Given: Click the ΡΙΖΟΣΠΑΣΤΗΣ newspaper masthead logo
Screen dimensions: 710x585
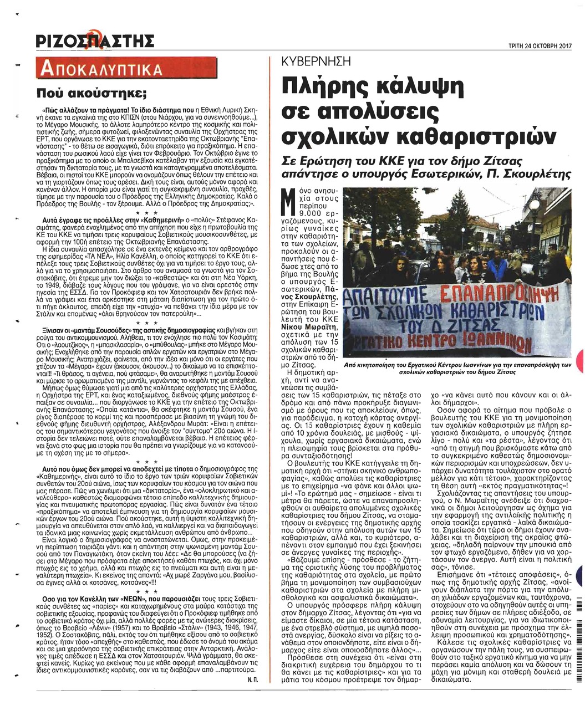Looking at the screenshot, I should [94, 42].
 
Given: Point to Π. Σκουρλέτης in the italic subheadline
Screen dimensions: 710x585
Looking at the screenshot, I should [532, 173].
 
